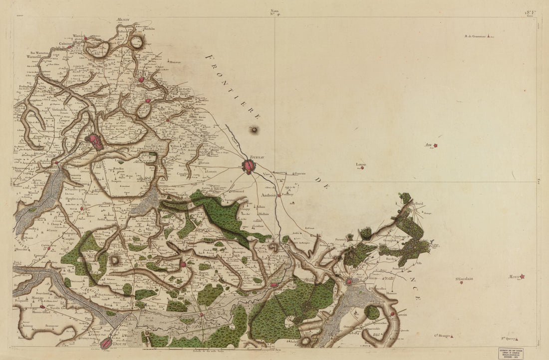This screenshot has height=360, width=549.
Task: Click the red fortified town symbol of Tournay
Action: click(249, 166)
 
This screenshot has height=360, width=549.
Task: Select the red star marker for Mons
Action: click(523, 276)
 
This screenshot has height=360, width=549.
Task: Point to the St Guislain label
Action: click(464, 279)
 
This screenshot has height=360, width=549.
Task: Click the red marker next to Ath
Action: click(436, 145)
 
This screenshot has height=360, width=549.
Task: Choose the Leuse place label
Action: click(361, 164)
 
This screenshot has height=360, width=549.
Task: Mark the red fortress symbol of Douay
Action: click(106, 344)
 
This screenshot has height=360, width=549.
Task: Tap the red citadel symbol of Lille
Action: click(94, 141)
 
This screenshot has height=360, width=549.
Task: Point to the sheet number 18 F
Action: click(530, 12)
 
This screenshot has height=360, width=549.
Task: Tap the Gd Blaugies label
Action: click(442, 336)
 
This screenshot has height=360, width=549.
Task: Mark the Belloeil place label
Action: click(417, 203)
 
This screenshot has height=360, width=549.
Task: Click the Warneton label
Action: click(33, 56)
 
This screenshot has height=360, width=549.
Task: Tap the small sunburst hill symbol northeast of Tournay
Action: click(255, 130)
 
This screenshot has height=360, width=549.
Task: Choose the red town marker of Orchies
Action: click(183, 265)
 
